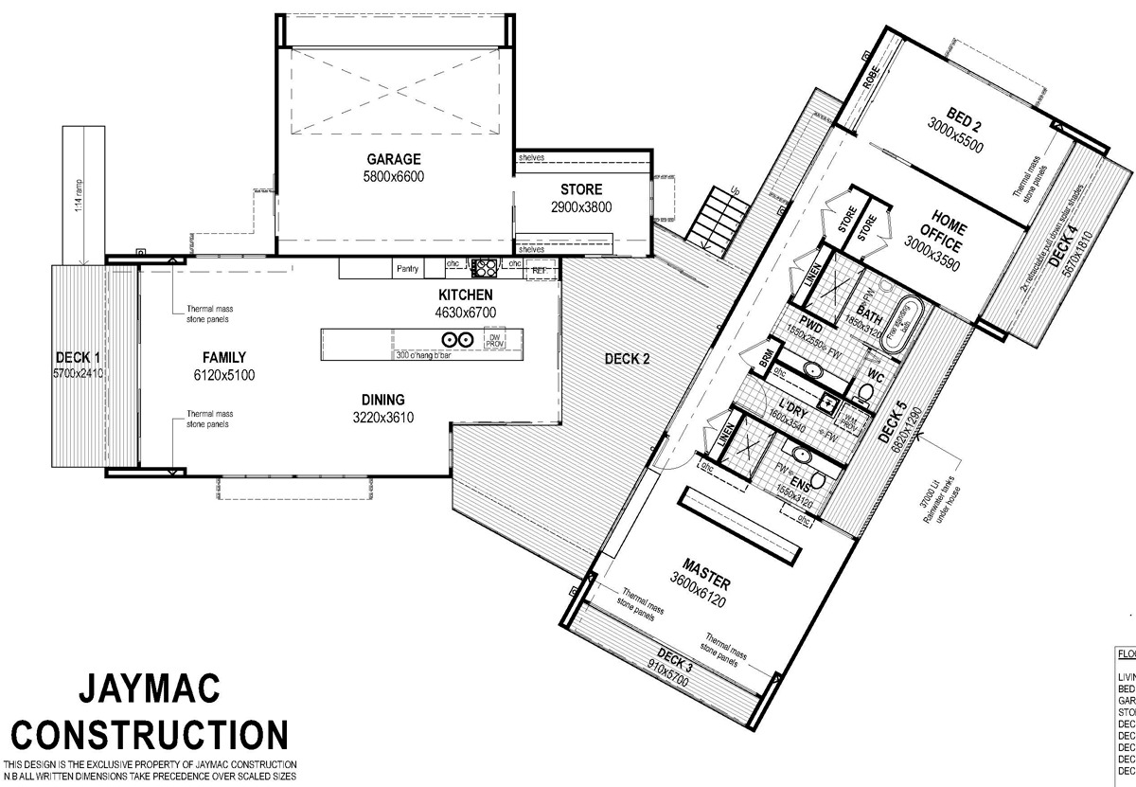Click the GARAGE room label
(394, 159)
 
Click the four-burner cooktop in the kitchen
(486, 267)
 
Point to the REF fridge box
(540, 271)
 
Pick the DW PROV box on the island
(494, 340)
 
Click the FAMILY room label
(223, 358)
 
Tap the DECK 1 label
(78, 357)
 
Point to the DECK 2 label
(627, 359)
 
